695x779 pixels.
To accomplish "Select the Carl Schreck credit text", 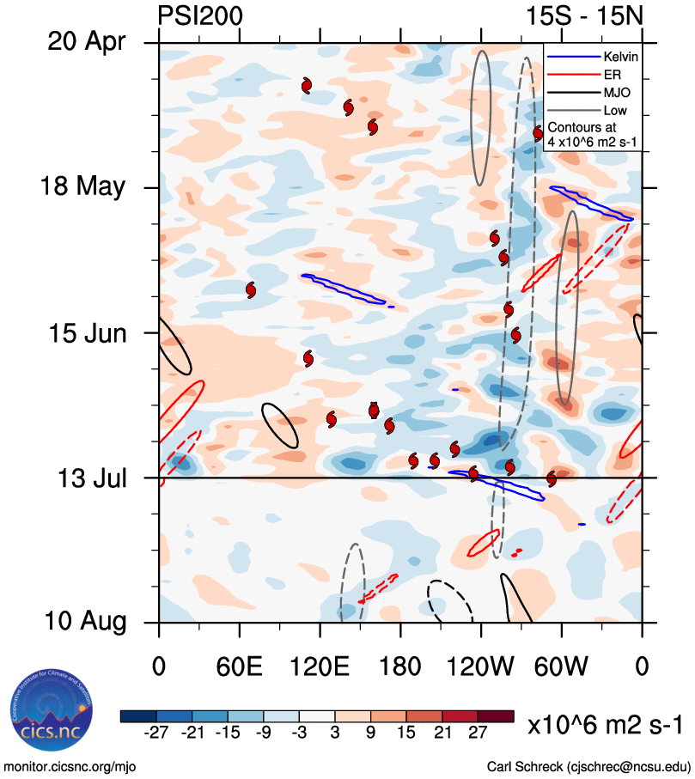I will click(588, 765).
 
